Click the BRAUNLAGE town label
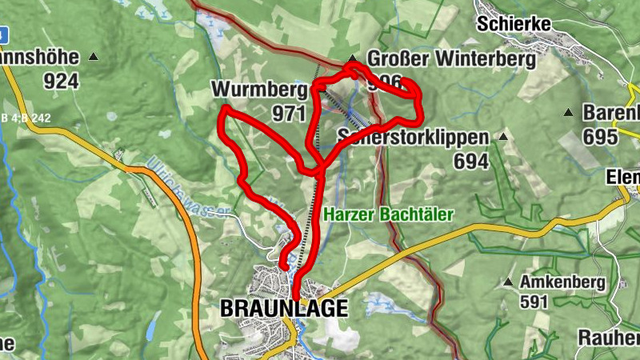(x=283, y=308)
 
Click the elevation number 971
(x=289, y=114)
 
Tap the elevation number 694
(x=470, y=161)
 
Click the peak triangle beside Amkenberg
(x=507, y=282)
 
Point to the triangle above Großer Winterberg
(x=353, y=58)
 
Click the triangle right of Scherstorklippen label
(x=503, y=137)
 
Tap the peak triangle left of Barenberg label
(x=569, y=112)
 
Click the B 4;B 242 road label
(x=26, y=118)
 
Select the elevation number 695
(x=600, y=136)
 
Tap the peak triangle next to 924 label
(x=94, y=57)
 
